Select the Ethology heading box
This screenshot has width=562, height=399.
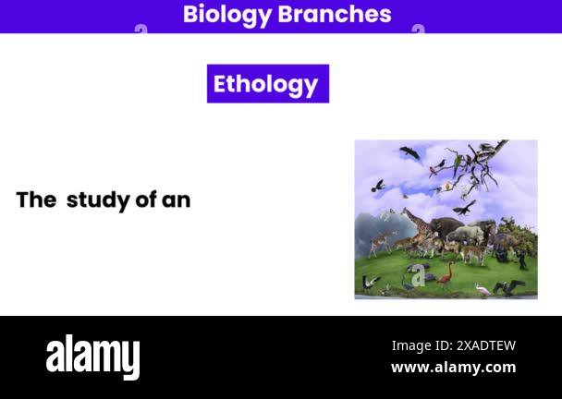click(x=267, y=84)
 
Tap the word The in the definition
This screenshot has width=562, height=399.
click(x=36, y=199)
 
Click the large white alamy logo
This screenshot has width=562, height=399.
click(x=92, y=357)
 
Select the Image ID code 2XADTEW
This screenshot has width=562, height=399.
click(x=486, y=345)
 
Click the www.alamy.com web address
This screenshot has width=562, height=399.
click(x=453, y=368)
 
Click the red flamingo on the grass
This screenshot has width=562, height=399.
click(x=447, y=272)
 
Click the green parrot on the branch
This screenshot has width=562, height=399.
click(x=457, y=163)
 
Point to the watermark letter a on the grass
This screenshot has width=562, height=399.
click(x=419, y=275)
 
